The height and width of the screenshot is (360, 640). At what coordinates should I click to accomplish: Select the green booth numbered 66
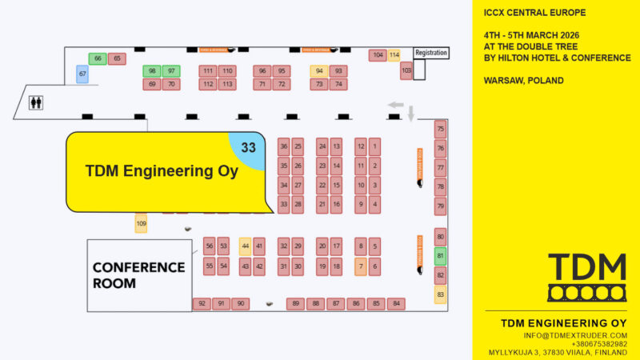point(98,58)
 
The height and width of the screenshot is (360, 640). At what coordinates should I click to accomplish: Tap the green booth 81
point(440,256)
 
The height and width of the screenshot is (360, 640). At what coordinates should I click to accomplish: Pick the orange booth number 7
point(361,266)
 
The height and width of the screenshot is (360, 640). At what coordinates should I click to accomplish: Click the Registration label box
point(430,53)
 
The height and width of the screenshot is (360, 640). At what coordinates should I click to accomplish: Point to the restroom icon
point(36,103)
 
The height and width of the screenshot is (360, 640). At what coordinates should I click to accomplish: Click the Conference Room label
point(138,274)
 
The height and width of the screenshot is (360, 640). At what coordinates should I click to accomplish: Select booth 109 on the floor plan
point(142,224)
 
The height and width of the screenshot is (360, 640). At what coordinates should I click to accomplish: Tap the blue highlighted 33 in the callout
point(248,147)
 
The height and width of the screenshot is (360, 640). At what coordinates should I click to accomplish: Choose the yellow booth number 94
point(319,70)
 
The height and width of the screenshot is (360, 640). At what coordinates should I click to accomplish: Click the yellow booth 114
point(394,55)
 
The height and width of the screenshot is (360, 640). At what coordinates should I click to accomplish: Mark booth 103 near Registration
point(406,70)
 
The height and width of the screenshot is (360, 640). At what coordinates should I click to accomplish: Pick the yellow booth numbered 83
point(440,294)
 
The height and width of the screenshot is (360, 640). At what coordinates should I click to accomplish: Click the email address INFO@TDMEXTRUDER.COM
point(575,335)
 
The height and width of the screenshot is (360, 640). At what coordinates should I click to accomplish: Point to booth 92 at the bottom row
point(202,303)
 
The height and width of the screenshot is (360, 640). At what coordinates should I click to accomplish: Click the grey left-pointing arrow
point(395,105)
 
